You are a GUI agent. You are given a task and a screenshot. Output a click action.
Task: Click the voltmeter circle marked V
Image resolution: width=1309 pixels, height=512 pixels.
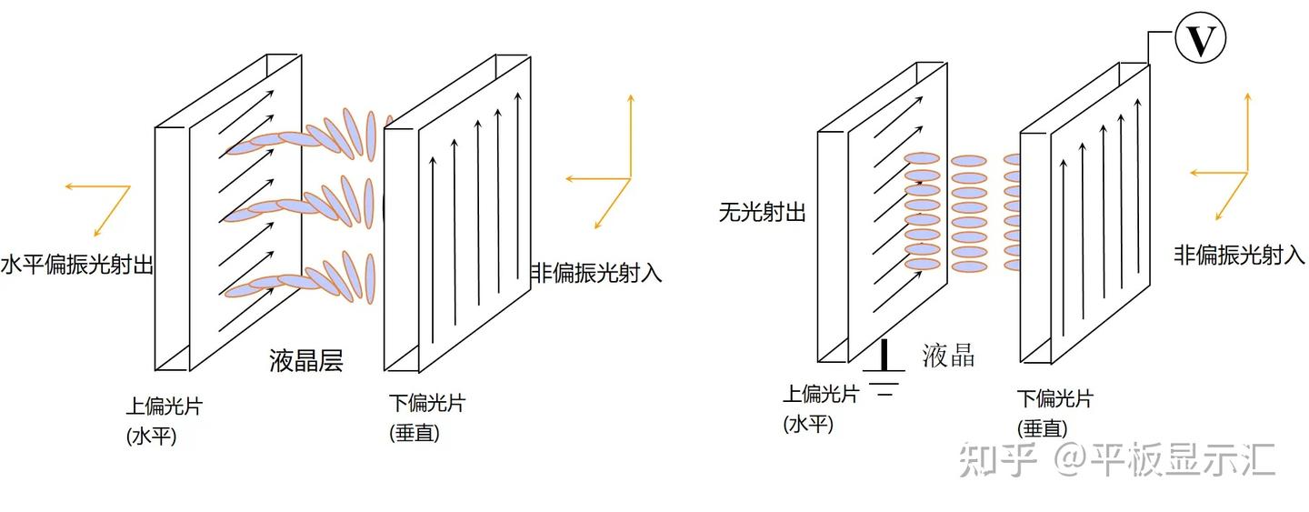[1200, 40]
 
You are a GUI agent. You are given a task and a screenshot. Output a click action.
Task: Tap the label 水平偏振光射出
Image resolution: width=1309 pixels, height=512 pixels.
[76, 266]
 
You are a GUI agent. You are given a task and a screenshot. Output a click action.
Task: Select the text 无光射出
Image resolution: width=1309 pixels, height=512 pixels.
[762, 213]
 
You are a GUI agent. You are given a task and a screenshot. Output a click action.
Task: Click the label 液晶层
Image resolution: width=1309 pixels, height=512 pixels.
[306, 361]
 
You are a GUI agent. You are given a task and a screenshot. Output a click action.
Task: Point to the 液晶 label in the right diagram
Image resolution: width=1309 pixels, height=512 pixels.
[948, 355]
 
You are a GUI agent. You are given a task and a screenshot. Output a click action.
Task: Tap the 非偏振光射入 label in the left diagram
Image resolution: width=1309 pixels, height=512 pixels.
[595, 273]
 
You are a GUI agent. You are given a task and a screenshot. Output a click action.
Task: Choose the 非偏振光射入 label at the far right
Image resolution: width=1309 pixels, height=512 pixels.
[1239, 256]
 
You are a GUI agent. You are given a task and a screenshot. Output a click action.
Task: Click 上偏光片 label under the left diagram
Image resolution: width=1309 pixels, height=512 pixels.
[164, 406]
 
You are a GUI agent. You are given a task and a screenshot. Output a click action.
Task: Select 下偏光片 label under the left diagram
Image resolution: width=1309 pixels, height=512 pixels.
[426, 403]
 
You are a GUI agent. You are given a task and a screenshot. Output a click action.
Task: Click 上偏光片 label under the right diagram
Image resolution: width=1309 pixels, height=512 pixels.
[821, 394]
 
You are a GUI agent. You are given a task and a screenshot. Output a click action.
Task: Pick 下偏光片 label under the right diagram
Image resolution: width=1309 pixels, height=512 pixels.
[1054, 398]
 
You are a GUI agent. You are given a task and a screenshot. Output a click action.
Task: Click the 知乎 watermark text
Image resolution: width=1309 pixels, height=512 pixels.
[998, 460]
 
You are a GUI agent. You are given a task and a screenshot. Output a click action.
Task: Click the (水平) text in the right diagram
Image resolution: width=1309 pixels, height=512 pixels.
[808, 423]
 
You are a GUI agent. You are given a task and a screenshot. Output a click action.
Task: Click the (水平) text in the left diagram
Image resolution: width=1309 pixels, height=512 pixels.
[152, 436]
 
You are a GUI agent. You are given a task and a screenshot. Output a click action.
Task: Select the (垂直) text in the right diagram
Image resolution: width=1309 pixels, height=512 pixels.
[1042, 428]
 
